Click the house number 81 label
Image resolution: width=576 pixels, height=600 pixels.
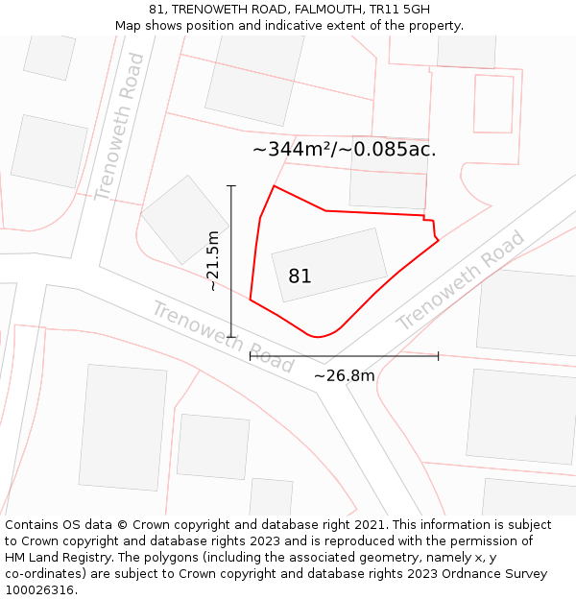(300, 276)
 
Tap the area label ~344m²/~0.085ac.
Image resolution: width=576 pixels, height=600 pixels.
(344, 150)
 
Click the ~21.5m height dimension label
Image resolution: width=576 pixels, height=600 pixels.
(213, 260)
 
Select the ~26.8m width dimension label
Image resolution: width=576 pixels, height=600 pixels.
(344, 375)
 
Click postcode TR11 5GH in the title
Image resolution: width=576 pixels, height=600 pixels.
(397, 10)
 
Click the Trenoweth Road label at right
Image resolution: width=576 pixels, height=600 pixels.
(461, 280)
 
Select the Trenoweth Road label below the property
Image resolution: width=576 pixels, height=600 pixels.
(223, 337)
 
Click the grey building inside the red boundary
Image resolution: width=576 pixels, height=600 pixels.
(329, 264)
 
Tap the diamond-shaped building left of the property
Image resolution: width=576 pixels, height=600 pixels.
(185, 219)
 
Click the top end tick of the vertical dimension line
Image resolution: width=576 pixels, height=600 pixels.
(231, 185)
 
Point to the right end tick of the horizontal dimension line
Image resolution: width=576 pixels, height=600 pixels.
(438, 355)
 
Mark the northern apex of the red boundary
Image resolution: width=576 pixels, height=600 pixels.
(275, 186)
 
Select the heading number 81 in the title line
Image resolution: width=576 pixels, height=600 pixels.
(156, 10)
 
